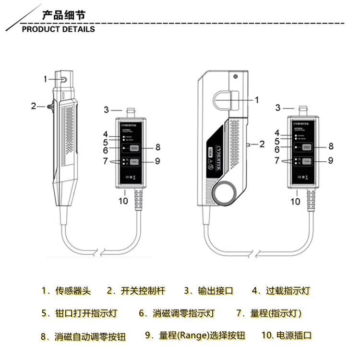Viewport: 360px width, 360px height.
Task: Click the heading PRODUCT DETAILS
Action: [x=59, y=29]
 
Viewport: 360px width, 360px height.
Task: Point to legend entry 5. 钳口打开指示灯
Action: [x=79, y=313]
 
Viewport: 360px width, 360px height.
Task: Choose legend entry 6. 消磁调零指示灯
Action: [x=177, y=313]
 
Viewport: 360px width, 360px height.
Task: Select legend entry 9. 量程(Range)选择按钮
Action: [x=195, y=336]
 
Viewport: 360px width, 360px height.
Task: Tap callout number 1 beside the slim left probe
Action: [x=46, y=78]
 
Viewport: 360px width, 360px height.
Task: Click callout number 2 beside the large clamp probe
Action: [x=262, y=143]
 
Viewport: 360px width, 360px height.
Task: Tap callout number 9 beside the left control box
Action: [x=157, y=161]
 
